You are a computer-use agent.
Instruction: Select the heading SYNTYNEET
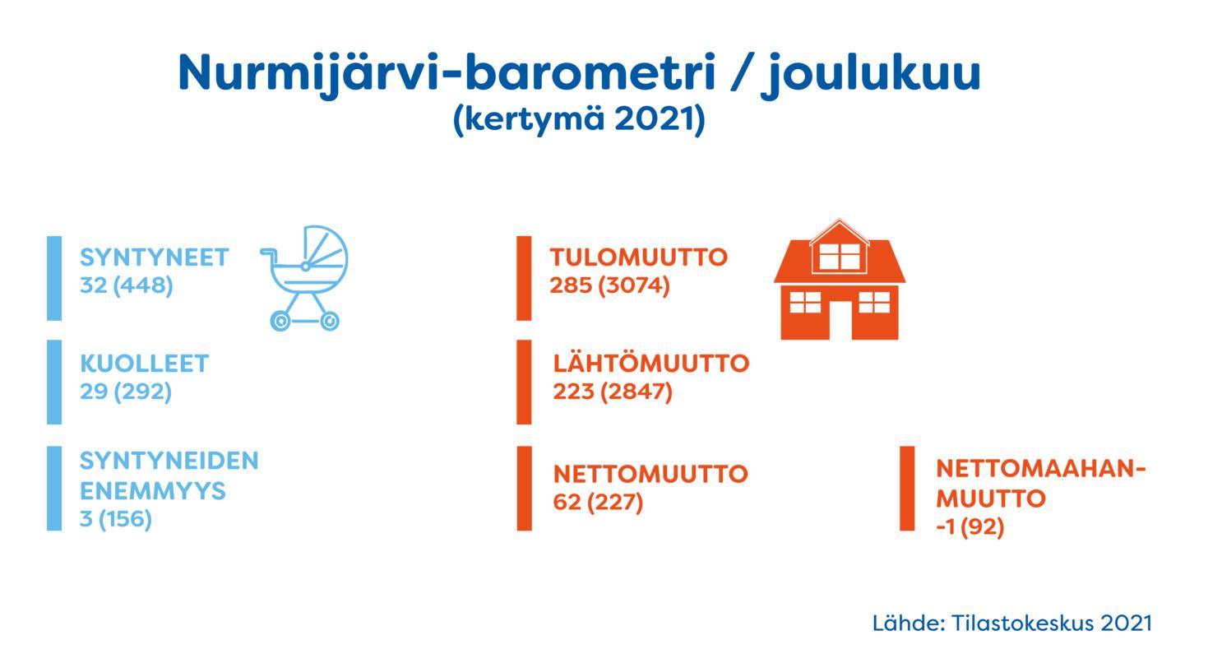pyautogui.click(x=155, y=257)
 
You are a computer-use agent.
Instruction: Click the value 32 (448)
pyautogui.click(x=127, y=285)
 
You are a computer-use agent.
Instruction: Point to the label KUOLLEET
pyautogui.click(x=145, y=364)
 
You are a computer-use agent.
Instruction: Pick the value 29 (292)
pyautogui.click(x=126, y=392)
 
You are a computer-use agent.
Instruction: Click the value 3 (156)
pyautogui.click(x=116, y=519)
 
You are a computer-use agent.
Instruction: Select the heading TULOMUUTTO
pyautogui.click(x=639, y=257)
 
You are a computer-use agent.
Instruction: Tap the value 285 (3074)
pyautogui.click(x=610, y=285)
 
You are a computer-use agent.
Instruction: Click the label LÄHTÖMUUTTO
pyautogui.click(x=651, y=363)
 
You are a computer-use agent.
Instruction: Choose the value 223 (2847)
pyautogui.click(x=613, y=392)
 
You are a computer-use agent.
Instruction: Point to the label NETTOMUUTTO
pyautogui.click(x=650, y=474)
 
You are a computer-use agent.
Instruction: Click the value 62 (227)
pyautogui.click(x=598, y=503)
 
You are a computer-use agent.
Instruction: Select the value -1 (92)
pyautogui.click(x=970, y=527)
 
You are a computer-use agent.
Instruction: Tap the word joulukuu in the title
pyautogui.click(x=873, y=74)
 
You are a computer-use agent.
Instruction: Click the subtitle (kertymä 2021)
pyautogui.click(x=579, y=119)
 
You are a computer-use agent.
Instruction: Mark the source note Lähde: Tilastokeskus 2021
pyautogui.click(x=1012, y=624)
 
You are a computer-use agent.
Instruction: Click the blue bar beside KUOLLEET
pyautogui.click(x=54, y=382)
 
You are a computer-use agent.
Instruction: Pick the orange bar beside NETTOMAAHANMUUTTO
pyautogui.click(x=907, y=489)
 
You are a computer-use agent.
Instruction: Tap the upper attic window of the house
pyautogui.click(x=840, y=257)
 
